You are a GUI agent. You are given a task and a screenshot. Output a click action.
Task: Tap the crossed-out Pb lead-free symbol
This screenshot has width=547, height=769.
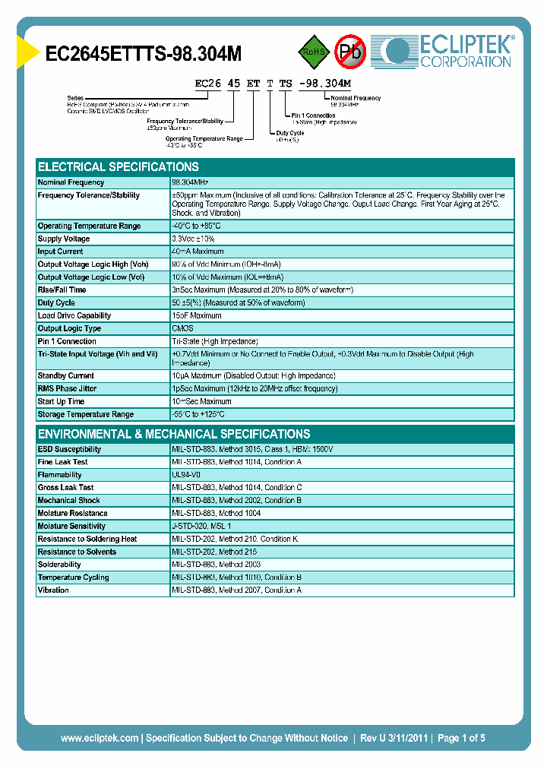point(350,52)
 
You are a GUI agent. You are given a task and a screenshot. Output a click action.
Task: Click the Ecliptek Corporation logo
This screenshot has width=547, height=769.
point(448,51)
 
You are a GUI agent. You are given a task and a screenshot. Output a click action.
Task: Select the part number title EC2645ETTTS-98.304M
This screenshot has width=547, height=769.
point(144,53)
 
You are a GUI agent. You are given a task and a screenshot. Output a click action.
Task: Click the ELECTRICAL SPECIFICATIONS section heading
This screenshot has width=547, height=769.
point(119,166)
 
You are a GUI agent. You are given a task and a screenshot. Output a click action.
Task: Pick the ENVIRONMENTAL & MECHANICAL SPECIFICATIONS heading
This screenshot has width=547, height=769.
point(174,434)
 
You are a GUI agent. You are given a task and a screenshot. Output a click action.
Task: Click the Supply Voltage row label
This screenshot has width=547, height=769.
point(64,239)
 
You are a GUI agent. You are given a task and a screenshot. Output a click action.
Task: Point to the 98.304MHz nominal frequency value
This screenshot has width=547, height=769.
point(191,182)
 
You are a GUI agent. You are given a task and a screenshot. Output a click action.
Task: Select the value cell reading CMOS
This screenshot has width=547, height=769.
point(182,328)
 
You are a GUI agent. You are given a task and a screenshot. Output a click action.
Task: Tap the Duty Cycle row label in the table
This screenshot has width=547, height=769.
point(56,302)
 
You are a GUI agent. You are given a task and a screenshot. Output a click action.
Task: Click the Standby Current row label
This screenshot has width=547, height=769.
point(67,375)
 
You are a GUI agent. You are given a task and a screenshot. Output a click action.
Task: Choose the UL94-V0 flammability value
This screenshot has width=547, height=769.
point(186,474)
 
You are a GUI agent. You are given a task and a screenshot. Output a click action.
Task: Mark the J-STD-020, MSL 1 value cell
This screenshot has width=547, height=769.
point(202,526)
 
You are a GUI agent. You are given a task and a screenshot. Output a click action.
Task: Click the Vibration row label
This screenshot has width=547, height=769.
point(53,590)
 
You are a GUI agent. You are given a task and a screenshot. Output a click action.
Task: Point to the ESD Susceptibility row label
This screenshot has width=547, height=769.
point(69,449)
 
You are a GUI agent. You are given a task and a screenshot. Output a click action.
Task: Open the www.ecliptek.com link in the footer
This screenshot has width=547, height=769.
point(100,738)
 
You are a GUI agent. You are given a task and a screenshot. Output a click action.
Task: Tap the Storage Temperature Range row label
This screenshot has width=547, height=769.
point(85,414)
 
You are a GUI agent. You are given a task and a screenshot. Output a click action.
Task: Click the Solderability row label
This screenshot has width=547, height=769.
point(59,565)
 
